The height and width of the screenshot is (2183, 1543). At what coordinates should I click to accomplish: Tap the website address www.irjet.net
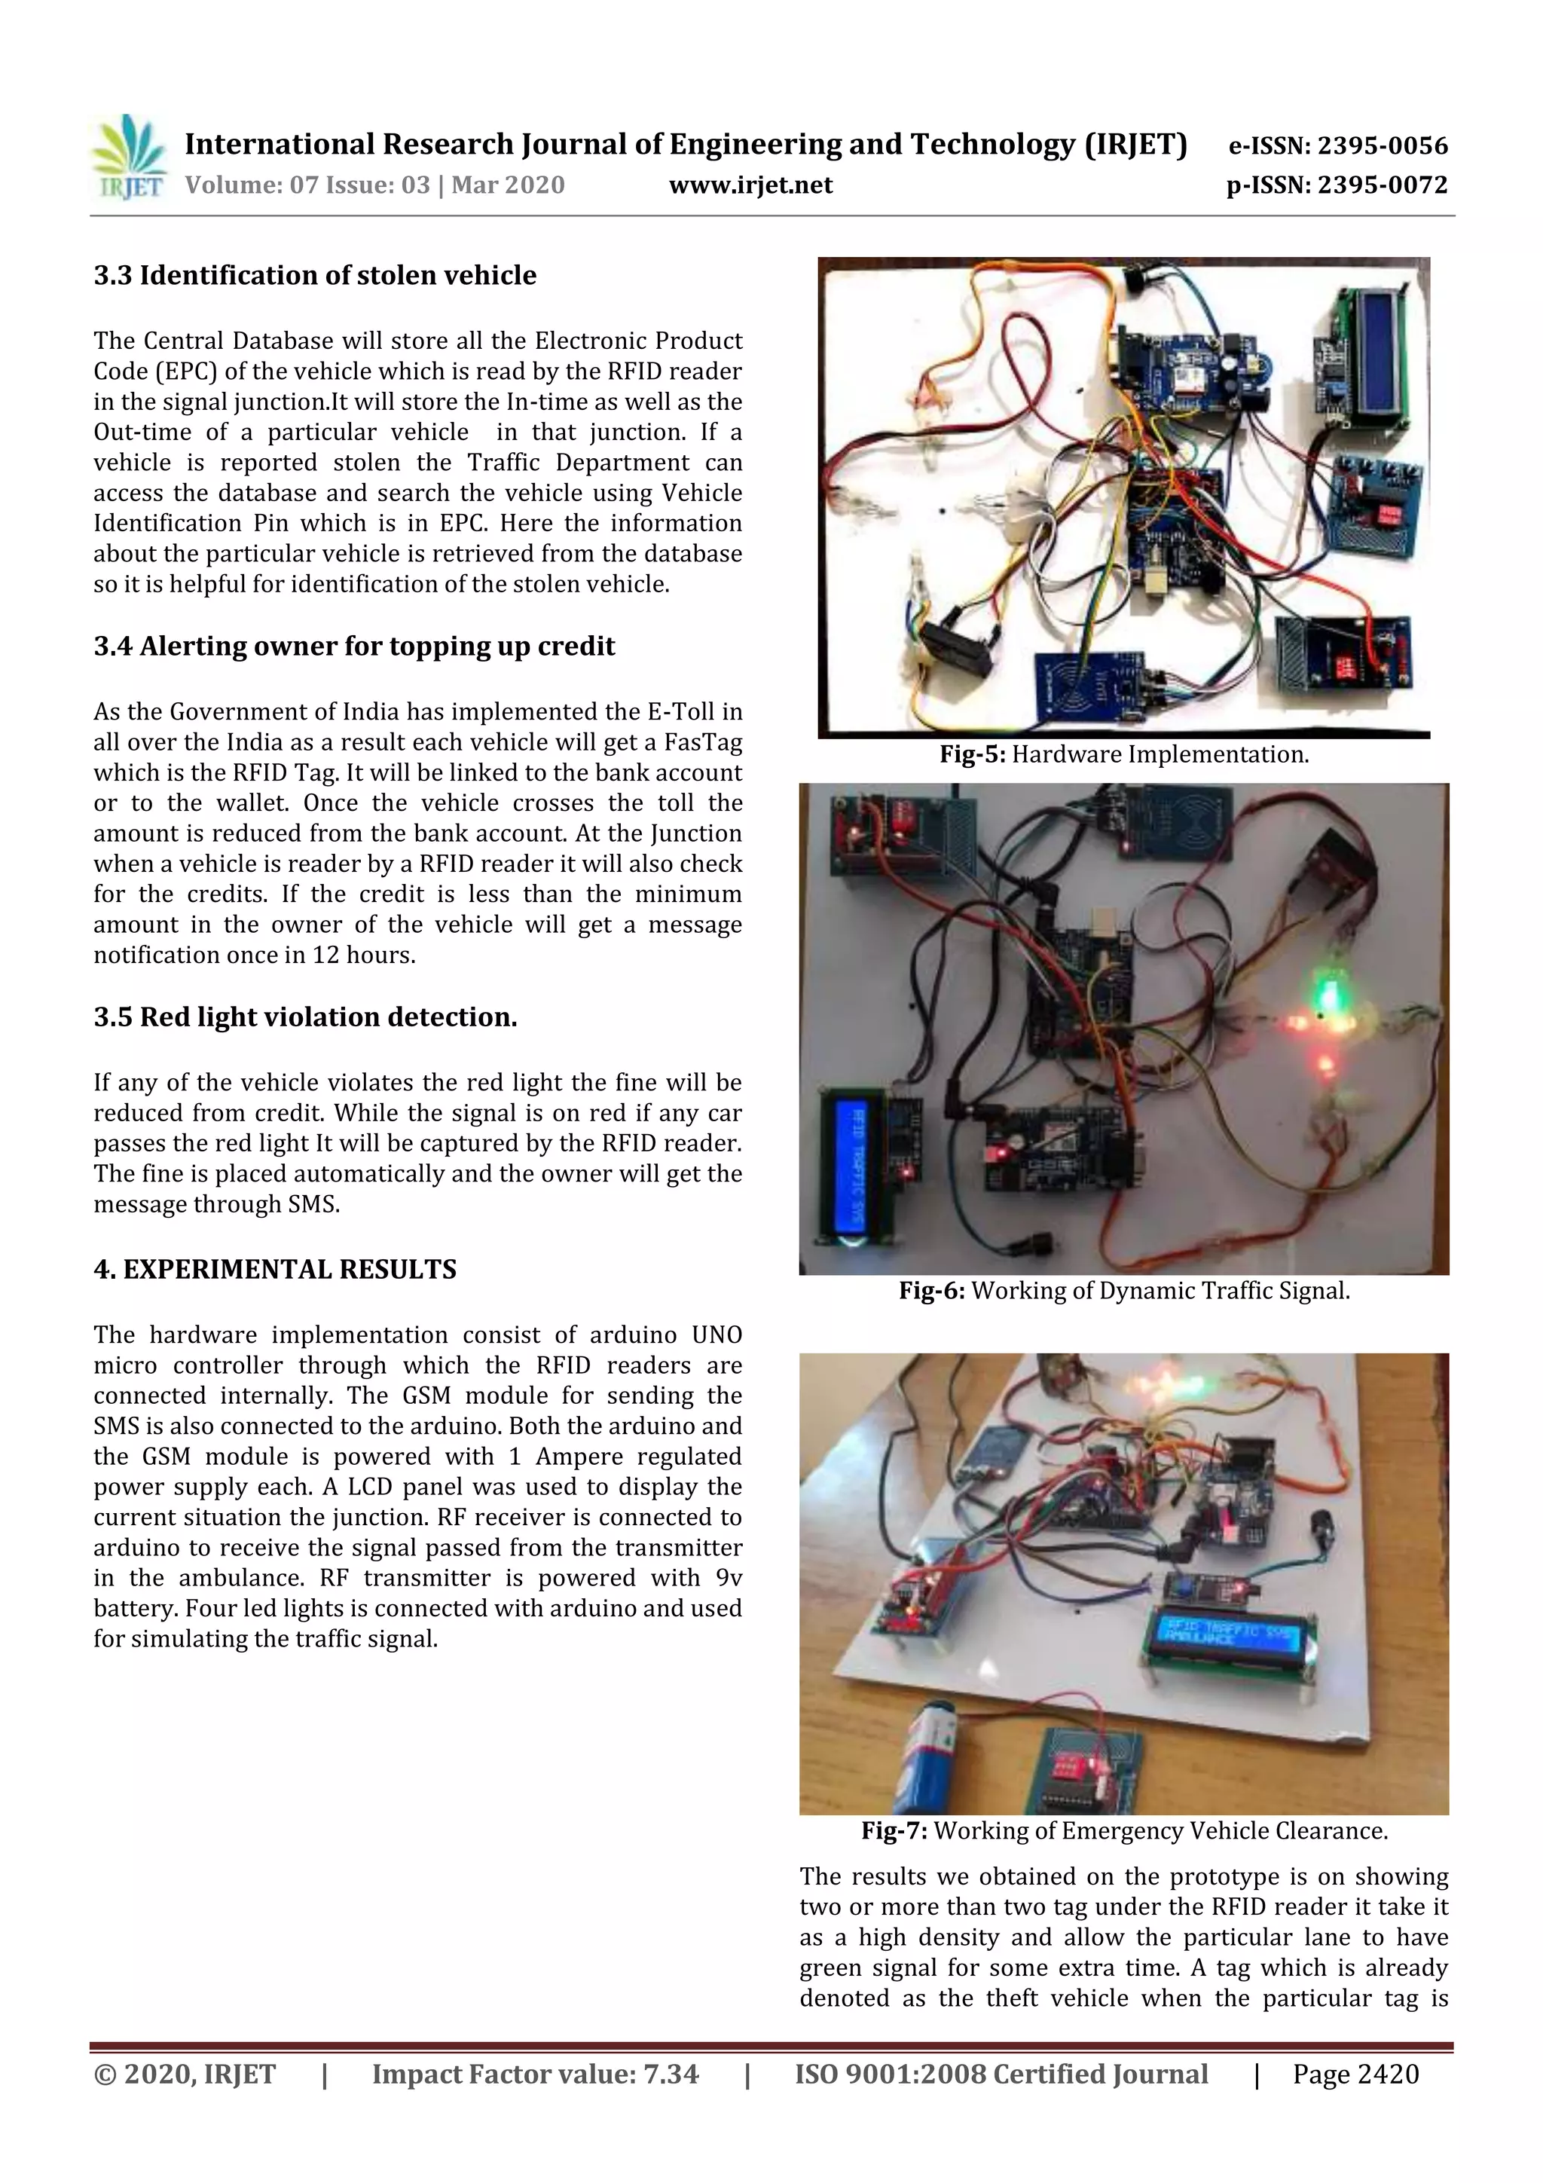coord(750,185)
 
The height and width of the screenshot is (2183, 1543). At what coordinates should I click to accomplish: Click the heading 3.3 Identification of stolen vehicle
coord(315,276)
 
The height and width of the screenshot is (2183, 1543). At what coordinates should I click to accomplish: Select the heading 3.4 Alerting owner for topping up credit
coord(353,647)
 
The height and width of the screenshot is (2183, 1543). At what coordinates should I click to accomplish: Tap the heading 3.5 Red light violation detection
coord(305,1017)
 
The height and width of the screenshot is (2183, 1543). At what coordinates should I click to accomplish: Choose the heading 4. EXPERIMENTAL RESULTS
coord(275,1269)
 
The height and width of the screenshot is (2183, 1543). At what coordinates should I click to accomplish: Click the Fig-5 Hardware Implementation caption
coord(1124,755)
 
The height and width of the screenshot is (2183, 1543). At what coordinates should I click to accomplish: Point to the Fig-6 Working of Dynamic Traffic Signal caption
coord(1124,1291)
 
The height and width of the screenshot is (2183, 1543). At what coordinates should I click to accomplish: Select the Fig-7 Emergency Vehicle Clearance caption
coord(1124,1831)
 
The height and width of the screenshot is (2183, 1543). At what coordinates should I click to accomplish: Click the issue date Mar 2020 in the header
coord(508,185)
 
